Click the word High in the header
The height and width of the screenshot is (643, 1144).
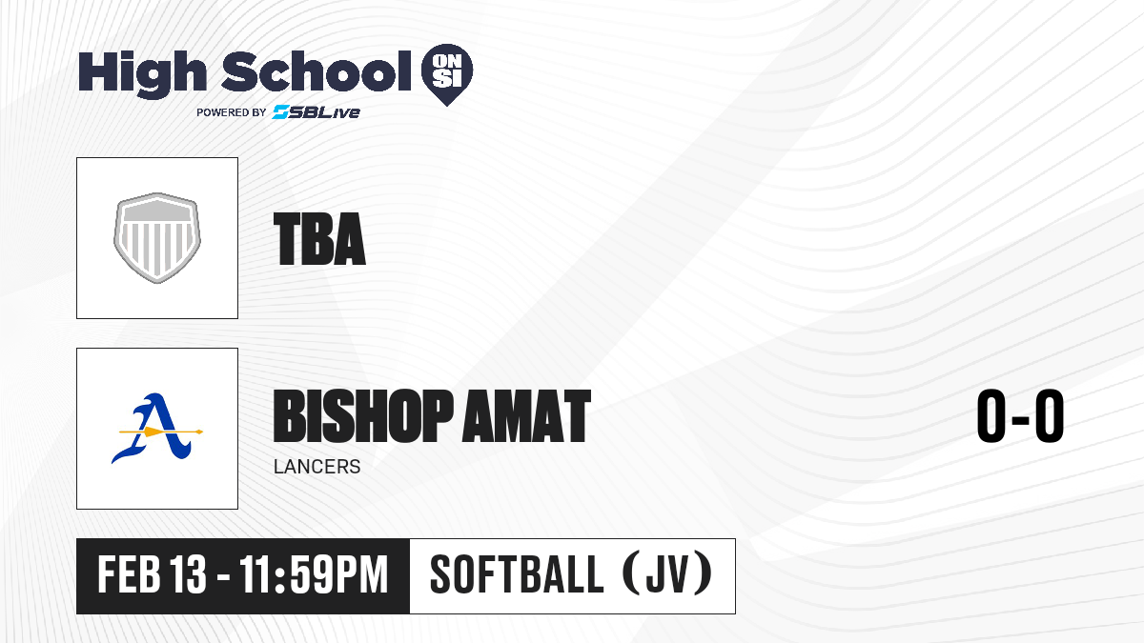point(142,74)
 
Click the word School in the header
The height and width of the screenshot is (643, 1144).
point(317,71)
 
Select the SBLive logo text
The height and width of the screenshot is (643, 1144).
point(317,112)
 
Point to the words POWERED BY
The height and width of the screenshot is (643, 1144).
point(232,112)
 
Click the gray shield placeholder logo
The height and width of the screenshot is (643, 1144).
point(157,238)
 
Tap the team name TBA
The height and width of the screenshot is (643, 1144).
point(319,239)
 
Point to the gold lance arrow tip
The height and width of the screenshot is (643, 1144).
point(199,432)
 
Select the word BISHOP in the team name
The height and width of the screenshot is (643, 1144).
point(363,415)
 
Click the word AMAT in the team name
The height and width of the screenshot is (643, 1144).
point(526,415)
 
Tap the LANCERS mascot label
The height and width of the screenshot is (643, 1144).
point(317,467)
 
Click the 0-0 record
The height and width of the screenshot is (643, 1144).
point(1020,416)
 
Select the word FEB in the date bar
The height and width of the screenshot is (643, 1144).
point(129,574)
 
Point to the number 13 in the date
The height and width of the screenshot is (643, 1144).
point(188,574)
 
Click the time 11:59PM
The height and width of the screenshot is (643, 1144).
point(314,574)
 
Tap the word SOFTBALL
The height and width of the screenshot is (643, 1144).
point(517,574)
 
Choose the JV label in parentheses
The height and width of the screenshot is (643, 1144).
point(668,574)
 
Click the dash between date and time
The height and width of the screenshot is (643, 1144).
point(223,577)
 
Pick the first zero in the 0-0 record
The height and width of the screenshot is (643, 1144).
point(991,416)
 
